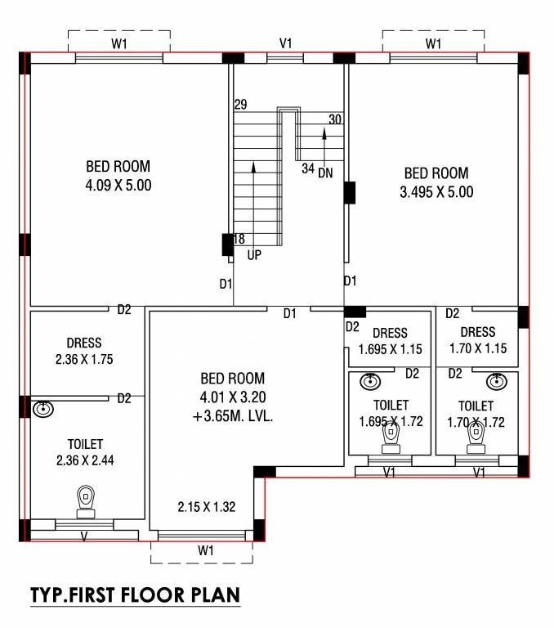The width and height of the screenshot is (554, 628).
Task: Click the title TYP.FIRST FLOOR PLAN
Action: click(136, 594)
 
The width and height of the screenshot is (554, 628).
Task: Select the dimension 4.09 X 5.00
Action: click(118, 186)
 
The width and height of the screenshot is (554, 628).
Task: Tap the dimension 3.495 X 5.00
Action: click(436, 193)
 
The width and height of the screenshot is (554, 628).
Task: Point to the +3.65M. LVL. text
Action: click(233, 415)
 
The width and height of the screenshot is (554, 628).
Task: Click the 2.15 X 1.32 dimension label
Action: click(207, 507)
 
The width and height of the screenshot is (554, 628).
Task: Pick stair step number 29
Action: click(240, 105)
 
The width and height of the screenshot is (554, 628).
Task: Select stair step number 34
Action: click(307, 169)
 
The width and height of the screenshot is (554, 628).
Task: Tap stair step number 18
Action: click(239, 240)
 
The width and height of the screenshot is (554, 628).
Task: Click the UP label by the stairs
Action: click(254, 255)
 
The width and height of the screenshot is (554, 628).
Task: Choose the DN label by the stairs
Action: click(325, 173)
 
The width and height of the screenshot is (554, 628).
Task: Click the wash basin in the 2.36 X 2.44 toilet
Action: click(43, 408)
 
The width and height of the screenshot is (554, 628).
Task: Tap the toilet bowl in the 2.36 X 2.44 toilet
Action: click(86, 500)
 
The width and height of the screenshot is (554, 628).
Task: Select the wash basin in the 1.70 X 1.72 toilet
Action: click(495, 382)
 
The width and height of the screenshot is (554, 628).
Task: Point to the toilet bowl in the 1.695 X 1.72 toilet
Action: click(391, 439)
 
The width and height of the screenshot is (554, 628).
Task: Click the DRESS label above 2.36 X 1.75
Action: click(84, 343)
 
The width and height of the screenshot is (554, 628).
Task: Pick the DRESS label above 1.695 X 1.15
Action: click(389, 333)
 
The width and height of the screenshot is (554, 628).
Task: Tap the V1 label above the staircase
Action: click(286, 43)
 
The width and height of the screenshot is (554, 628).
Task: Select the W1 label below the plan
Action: click(206, 550)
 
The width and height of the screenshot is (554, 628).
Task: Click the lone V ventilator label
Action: click(84, 536)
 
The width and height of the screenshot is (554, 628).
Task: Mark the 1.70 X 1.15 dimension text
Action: click(478, 348)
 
